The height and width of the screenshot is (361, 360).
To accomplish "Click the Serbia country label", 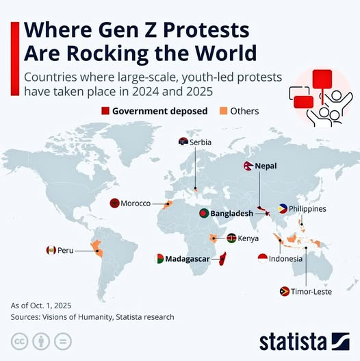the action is [201, 142].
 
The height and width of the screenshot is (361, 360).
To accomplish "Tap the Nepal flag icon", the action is [248, 166].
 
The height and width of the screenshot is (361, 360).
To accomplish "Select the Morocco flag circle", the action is [114, 203].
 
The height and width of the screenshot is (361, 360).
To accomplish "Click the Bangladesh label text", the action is [231, 214].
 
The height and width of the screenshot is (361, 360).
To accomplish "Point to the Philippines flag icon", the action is [283, 209].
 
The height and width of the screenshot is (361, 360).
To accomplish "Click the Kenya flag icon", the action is [231, 238].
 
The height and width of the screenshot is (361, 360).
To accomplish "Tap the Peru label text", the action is [66, 250].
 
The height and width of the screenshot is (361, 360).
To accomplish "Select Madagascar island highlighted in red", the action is [222, 258].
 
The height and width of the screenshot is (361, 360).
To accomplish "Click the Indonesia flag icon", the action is [263, 258].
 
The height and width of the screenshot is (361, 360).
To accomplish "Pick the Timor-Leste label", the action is [311, 291].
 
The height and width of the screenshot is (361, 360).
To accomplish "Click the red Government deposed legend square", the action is [105, 111].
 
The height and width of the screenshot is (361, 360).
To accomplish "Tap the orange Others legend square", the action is [223, 111].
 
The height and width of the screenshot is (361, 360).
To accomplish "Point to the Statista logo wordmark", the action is [294, 342].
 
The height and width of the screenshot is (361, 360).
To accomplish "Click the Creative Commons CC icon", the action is [20, 341].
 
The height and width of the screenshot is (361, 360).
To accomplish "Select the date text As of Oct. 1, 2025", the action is [41, 306].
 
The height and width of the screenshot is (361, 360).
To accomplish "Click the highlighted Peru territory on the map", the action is [97, 248].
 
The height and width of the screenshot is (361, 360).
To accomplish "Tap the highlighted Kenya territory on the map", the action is [213, 238].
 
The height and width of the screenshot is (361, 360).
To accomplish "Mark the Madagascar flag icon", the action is [159, 258].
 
